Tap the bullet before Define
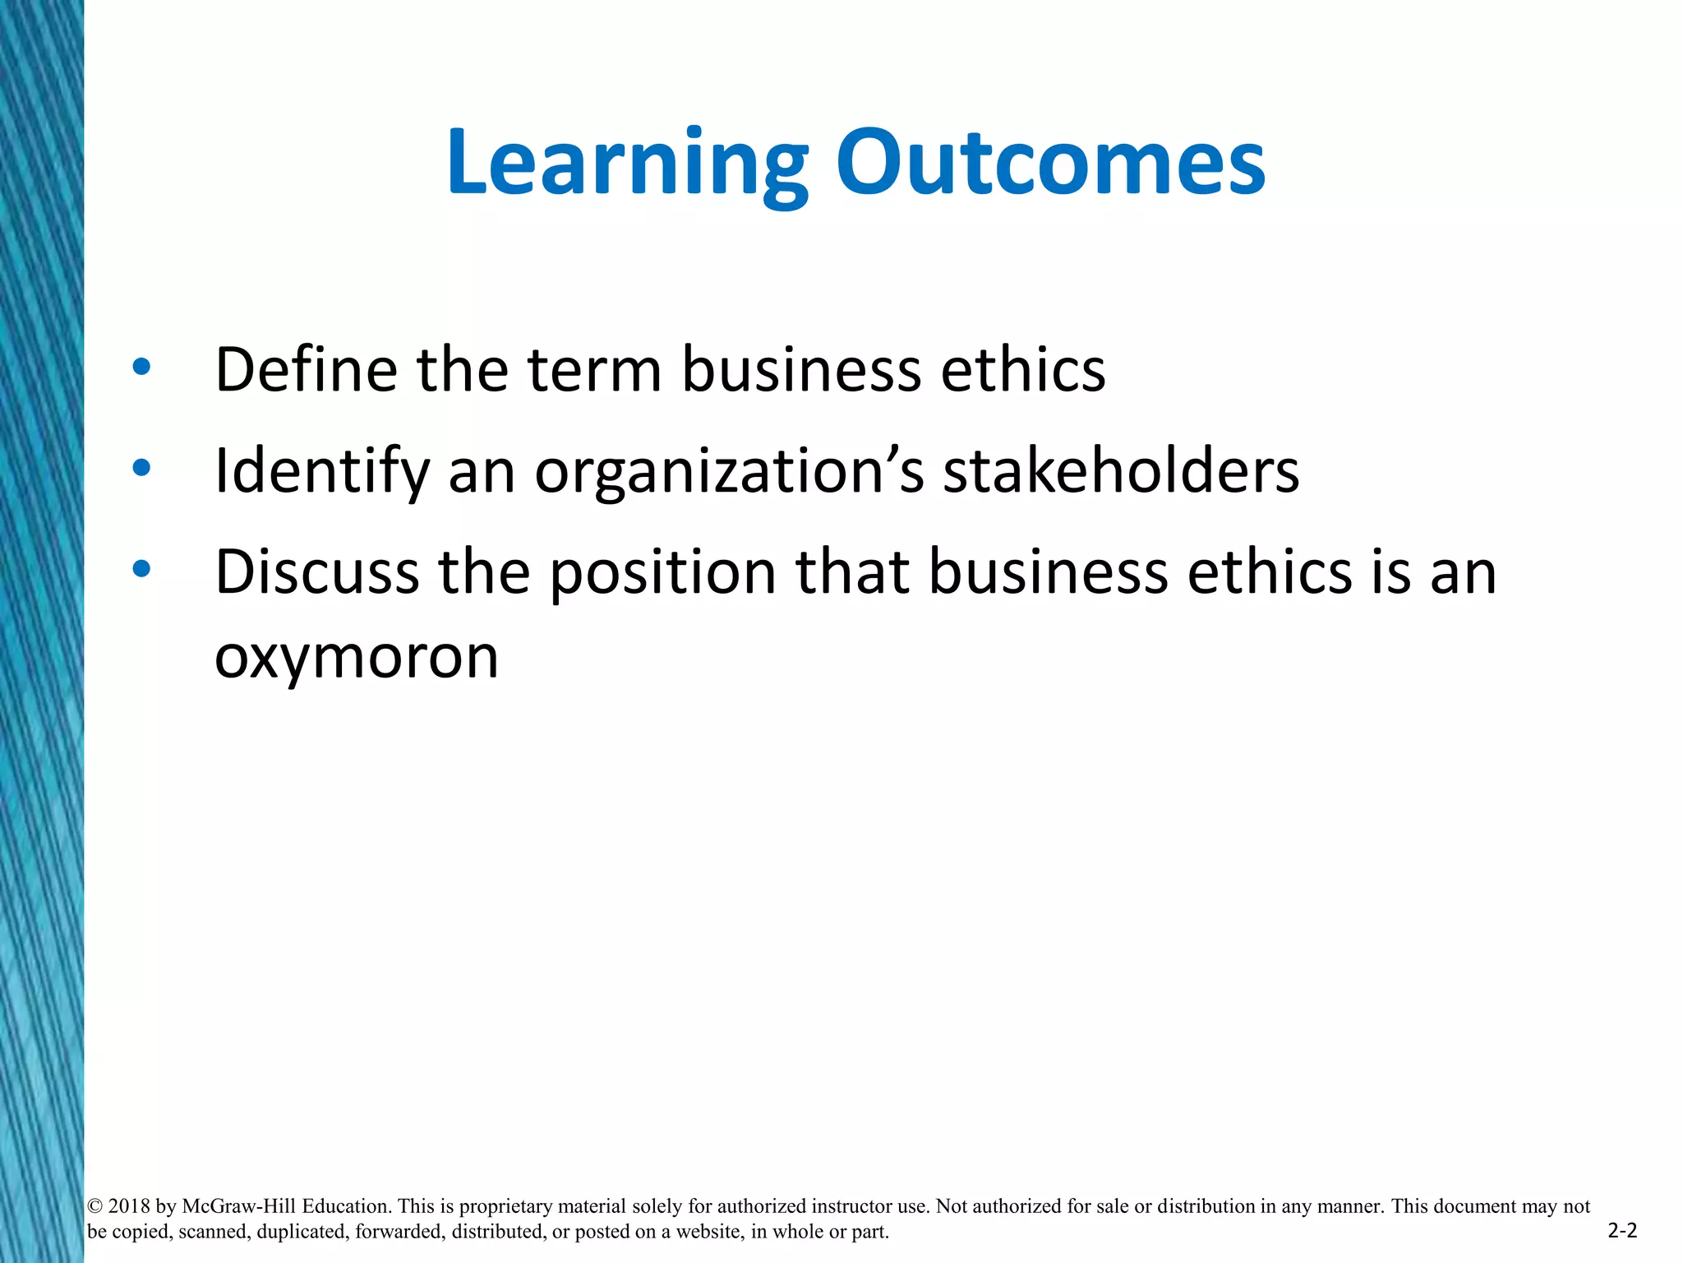pos(141,367)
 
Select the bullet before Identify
pos(141,468)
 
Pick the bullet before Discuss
pos(141,569)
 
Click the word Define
pos(305,369)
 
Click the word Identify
pos(321,472)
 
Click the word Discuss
pos(316,571)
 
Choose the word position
pos(662,573)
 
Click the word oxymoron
pos(357,658)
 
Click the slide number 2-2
pos(1622,1231)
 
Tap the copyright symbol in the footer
pos(95,1206)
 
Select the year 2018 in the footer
pos(129,1206)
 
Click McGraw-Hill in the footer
pos(238,1206)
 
